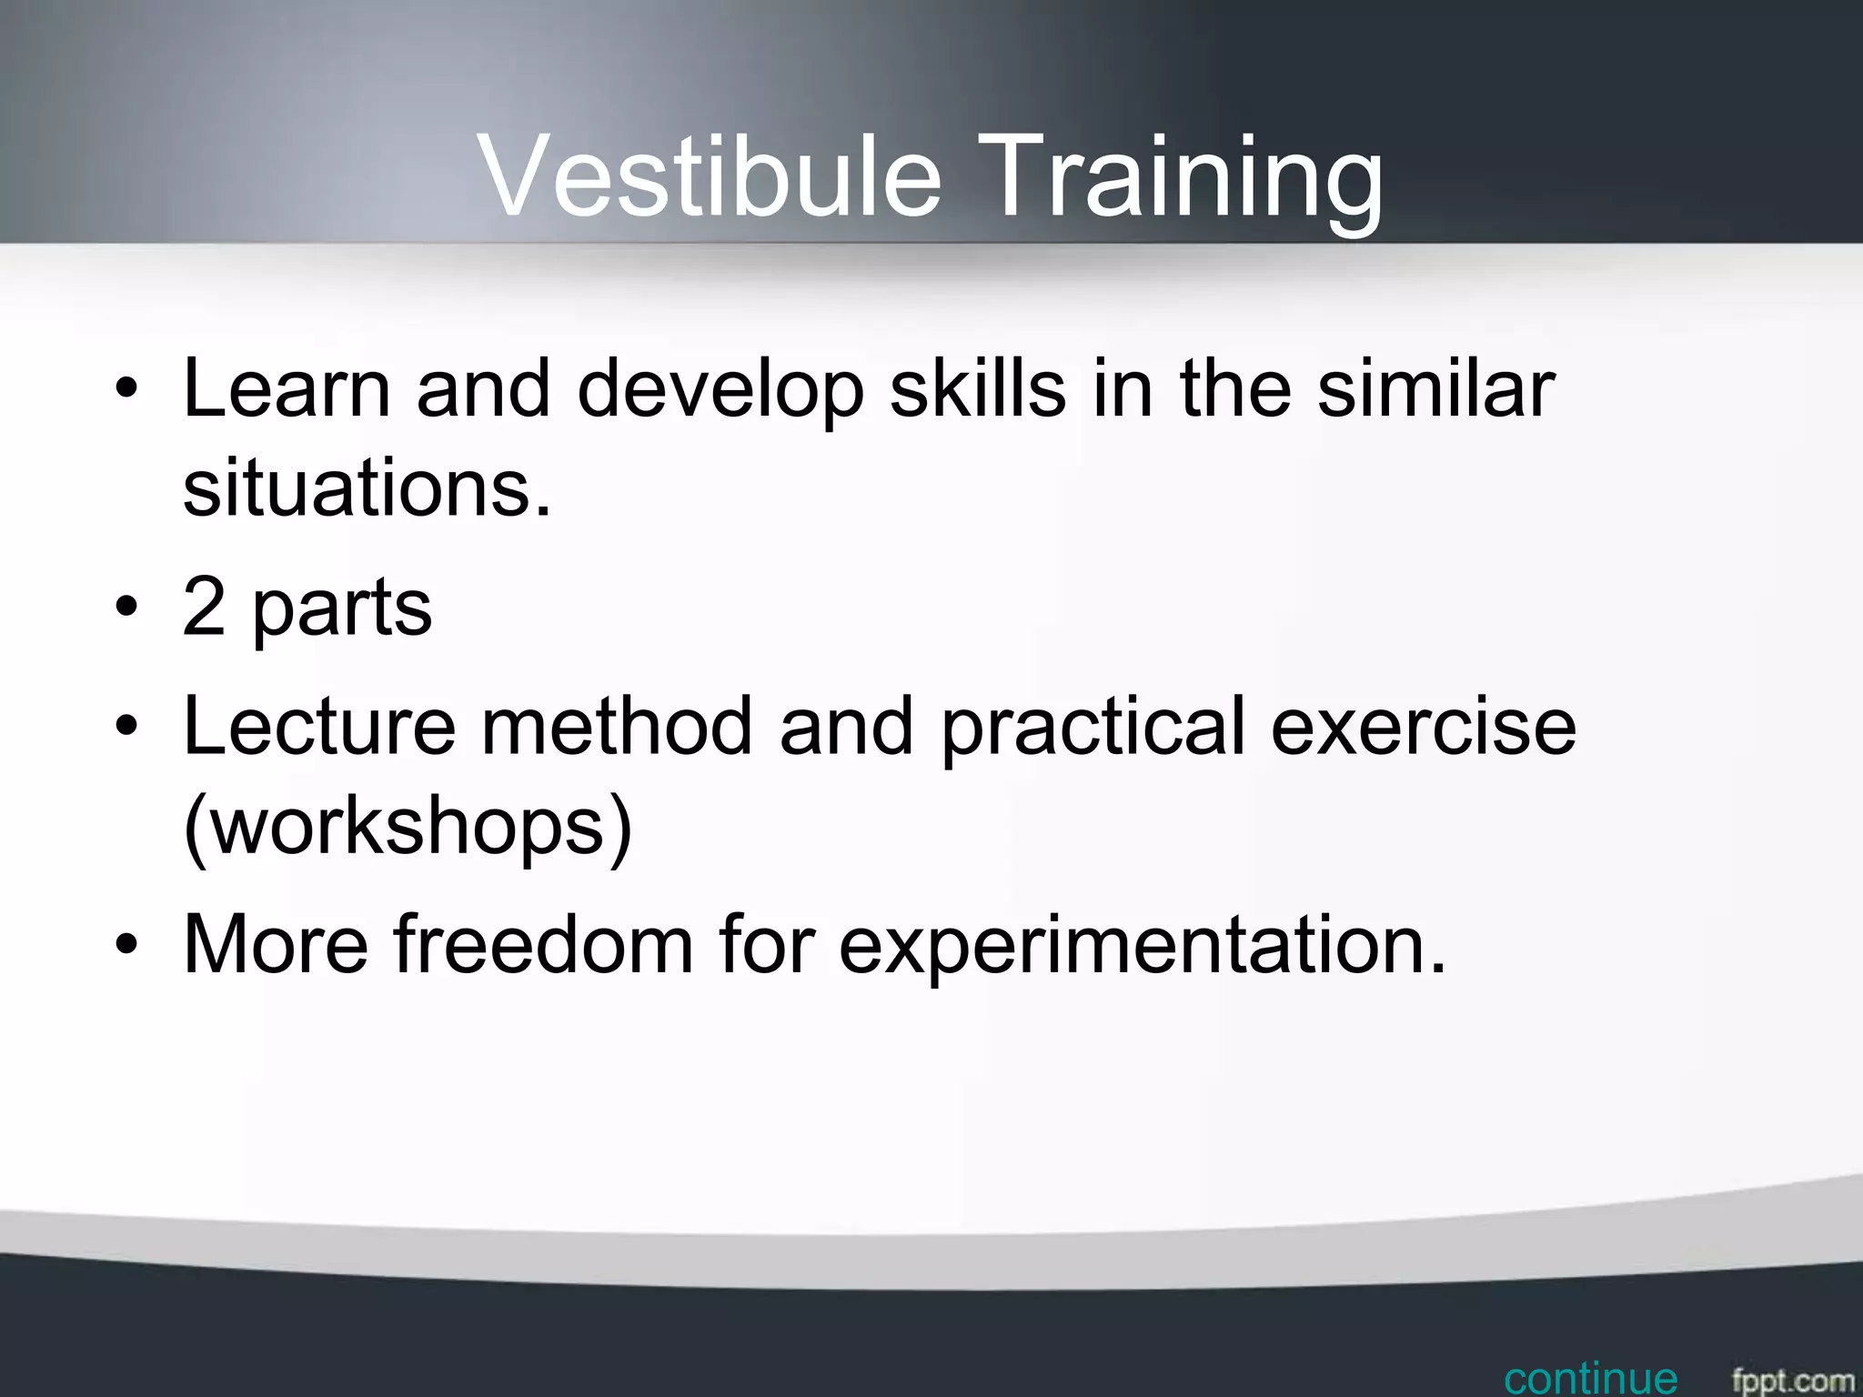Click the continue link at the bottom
(1590, 1379)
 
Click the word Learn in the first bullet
(287, 388)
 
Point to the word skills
(977, 388)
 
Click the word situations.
(367, 488)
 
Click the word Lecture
(318, 726)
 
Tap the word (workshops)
(407, 826)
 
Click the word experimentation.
(1141, 946)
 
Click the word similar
(1435, 388)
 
